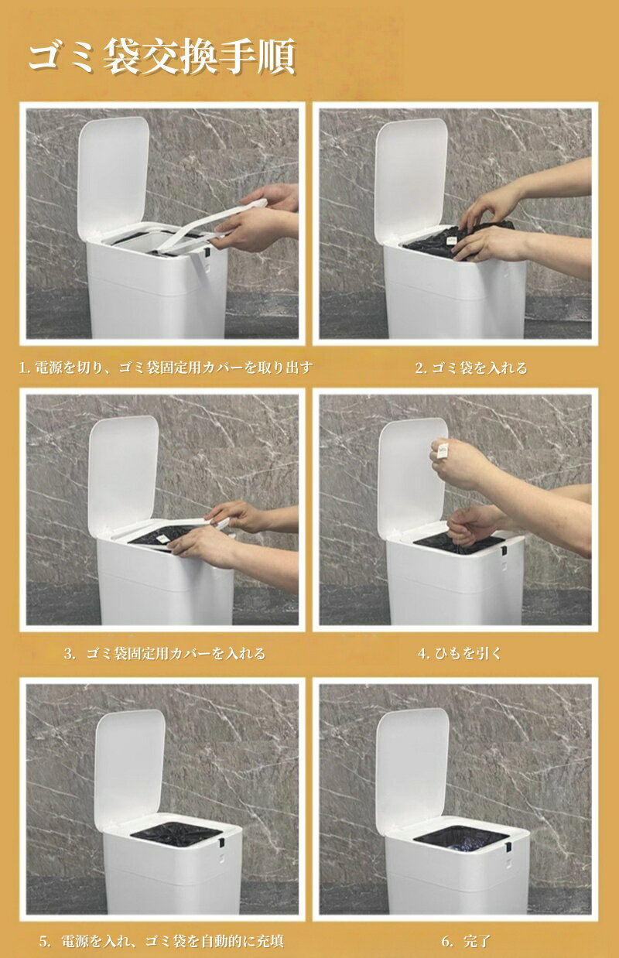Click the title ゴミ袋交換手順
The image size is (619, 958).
coord(162,56)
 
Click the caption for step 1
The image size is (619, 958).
coord(166,368)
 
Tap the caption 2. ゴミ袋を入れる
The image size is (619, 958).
coord(471,368)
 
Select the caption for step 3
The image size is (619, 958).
coord(165,653)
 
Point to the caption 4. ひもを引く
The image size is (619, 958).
coord(460,653)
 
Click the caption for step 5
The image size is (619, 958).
coord(161,941)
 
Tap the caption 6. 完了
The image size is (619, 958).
coord(466,941)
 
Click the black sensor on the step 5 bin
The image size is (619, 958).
coord(222,843)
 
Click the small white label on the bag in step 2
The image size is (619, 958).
coord(451,241)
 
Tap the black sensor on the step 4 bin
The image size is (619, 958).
coord(504,551)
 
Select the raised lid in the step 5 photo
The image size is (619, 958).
coord(130,766)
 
